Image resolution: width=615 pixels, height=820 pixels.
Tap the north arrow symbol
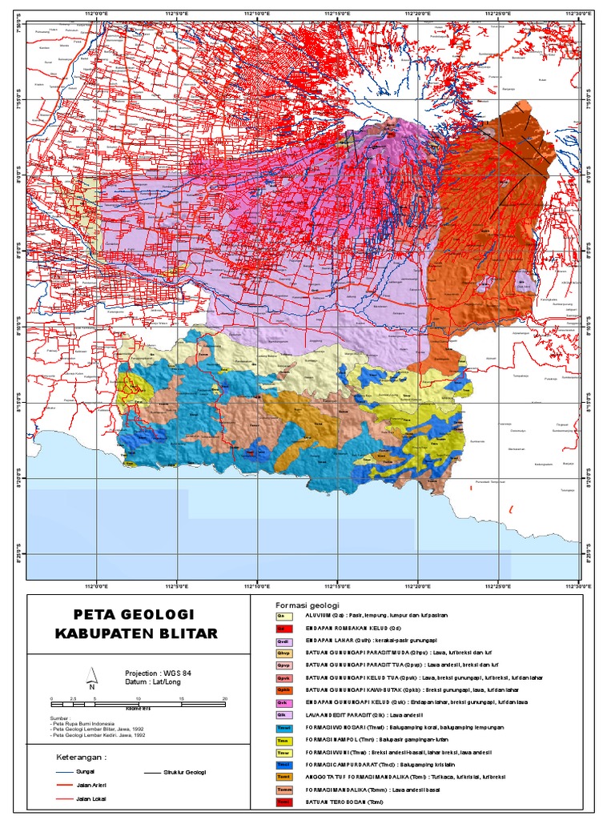click(93, 677)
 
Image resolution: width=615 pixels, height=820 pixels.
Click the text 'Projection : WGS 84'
click(159, 673)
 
